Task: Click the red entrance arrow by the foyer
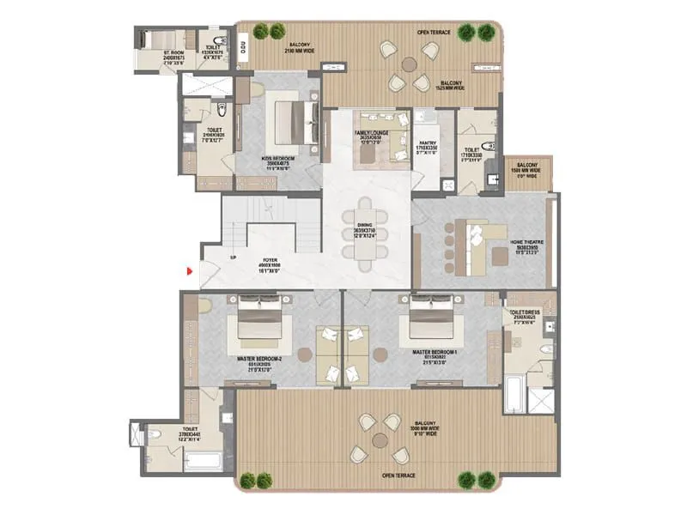pos(190,272)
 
